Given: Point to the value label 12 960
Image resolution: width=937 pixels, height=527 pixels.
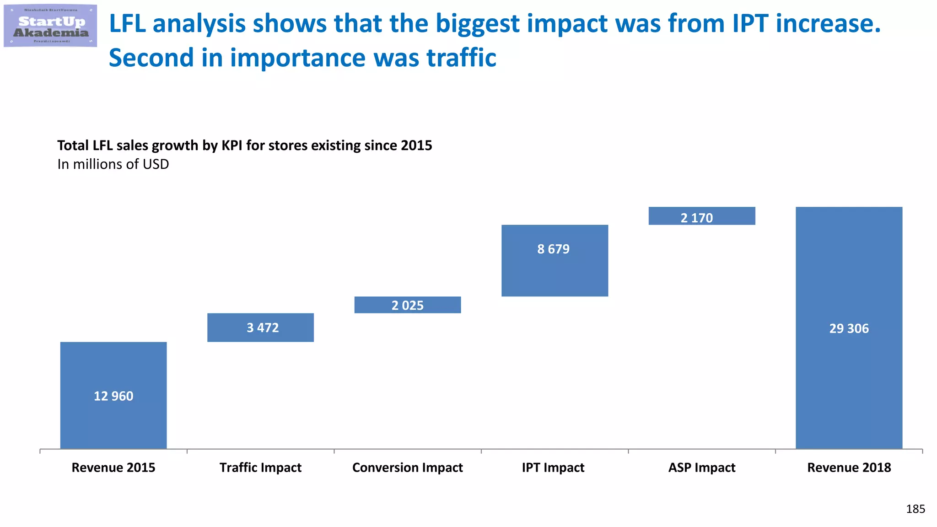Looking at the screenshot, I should [x=113, y=396].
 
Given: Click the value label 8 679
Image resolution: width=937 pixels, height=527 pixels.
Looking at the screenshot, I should [x=553, y=249].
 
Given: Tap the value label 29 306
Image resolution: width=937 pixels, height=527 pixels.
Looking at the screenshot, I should [x=849, y=328].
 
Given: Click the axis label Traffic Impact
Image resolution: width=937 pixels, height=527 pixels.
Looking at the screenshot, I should [x=260, y=468].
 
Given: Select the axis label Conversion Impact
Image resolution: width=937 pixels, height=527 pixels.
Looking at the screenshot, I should [x=407, y=468].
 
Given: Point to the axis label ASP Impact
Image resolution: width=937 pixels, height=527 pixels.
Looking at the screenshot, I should [x=701, y=468].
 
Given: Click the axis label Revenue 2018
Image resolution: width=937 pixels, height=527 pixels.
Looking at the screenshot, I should [x=849, y=468].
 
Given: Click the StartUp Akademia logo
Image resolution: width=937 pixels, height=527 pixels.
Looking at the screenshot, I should [x=50, y=26].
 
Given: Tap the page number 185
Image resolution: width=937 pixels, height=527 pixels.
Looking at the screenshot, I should [x=915, y=509].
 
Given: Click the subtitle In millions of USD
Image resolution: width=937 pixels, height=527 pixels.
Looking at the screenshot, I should [x=113, y=164].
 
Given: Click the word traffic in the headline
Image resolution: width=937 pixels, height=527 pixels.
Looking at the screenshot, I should [x=461, y=58].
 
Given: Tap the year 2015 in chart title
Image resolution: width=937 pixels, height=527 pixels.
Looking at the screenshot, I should [x=416, y=145].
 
